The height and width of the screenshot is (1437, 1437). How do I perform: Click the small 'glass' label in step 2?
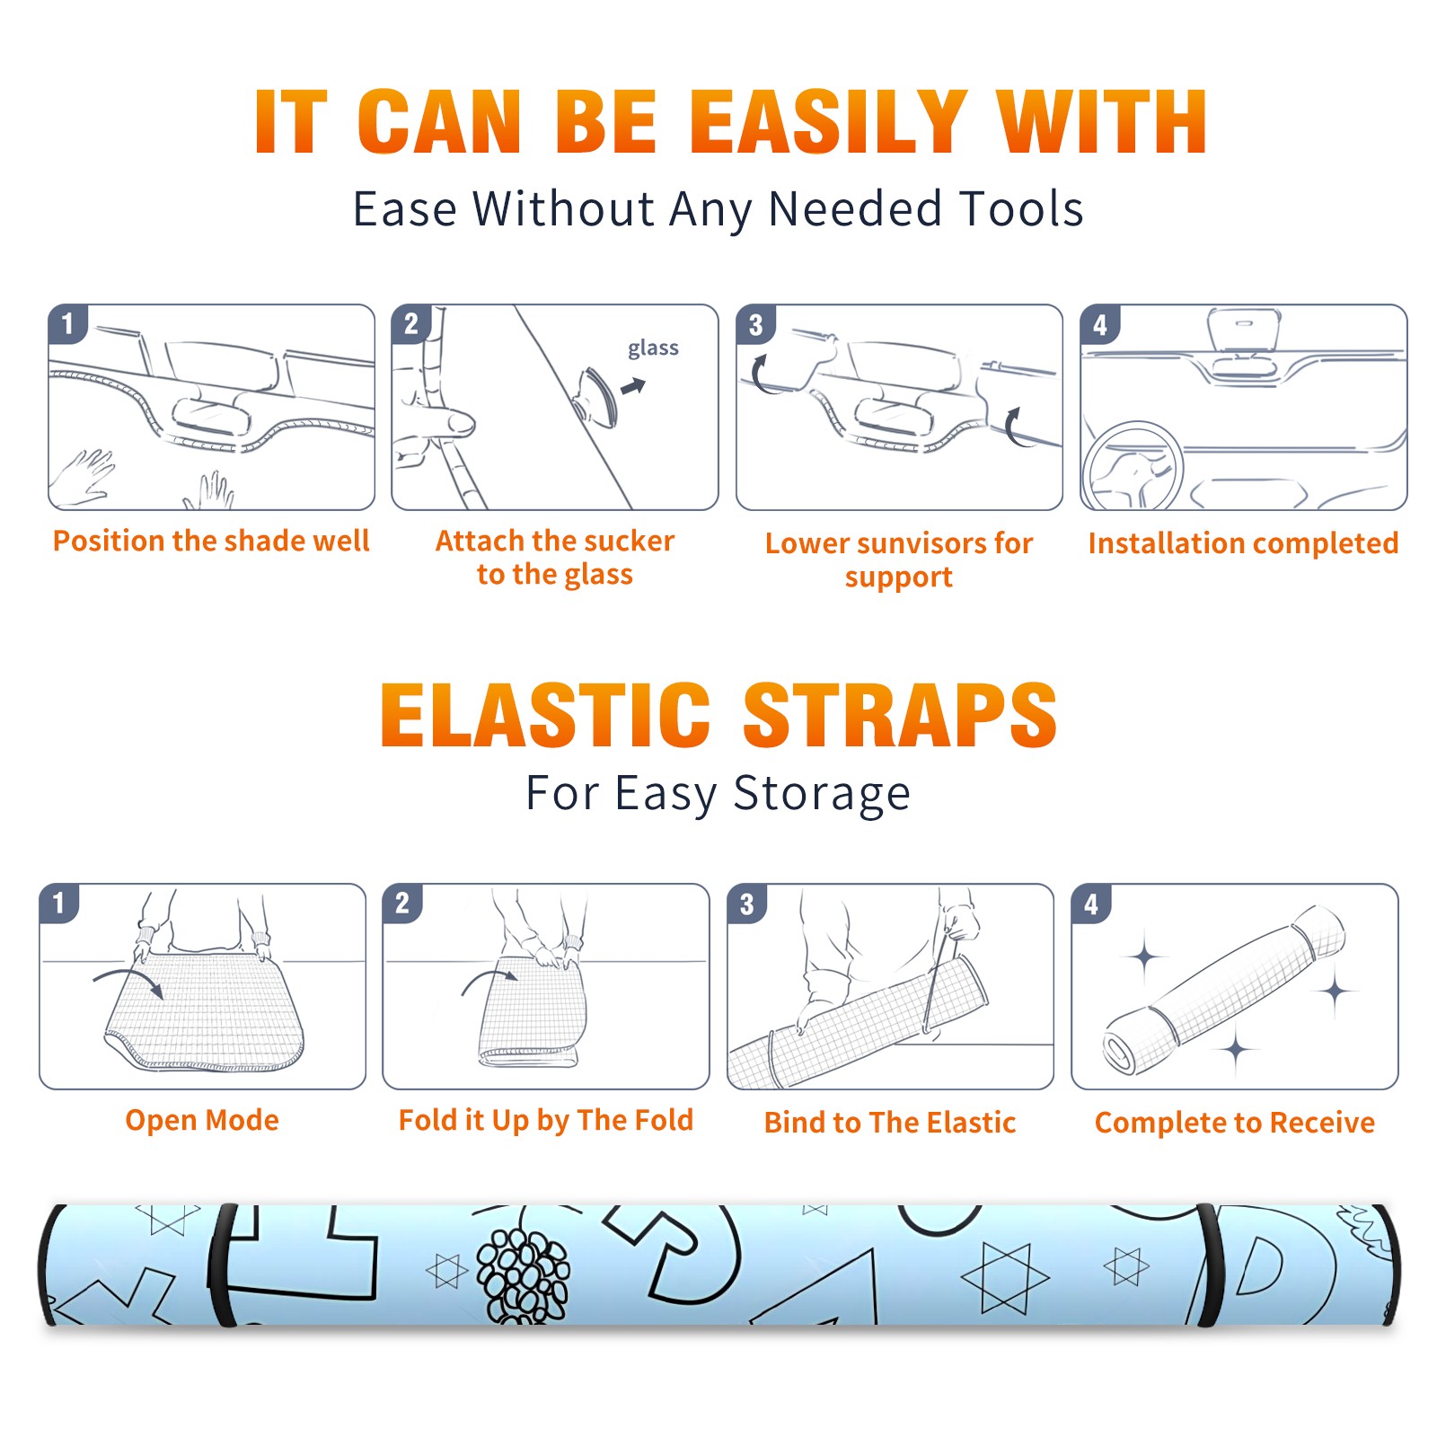tap(653, 348)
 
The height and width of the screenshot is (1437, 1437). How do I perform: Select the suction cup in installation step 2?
tap(596, 395)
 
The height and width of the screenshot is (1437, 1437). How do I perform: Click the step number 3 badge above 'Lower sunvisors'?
tap(755, 324)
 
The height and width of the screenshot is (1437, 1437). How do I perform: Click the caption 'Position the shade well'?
tap(211, 541)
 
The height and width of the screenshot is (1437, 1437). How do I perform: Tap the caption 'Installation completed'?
tap(1243, 542)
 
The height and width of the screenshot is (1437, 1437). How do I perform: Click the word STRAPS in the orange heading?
tap(900, 715)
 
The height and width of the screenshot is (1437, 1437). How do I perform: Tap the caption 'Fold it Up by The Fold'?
tap(546, 1120)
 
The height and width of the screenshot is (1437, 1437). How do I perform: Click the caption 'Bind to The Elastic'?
tap(890, 1123)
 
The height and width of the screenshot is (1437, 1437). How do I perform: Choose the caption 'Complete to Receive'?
tap(1235, 1123)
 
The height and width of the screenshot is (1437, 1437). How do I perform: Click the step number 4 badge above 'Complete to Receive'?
tap(1091, 904)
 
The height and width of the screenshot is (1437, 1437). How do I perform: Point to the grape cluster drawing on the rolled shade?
tap(522, 1275)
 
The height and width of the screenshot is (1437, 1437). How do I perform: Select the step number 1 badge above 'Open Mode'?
tap(58, 904)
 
